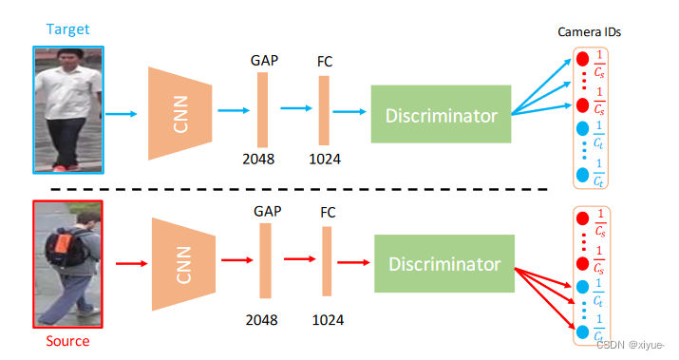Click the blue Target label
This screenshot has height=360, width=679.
67,29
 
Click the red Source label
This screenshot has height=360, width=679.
67,340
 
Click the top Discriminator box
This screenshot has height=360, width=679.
441,116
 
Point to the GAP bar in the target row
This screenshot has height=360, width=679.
262,111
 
